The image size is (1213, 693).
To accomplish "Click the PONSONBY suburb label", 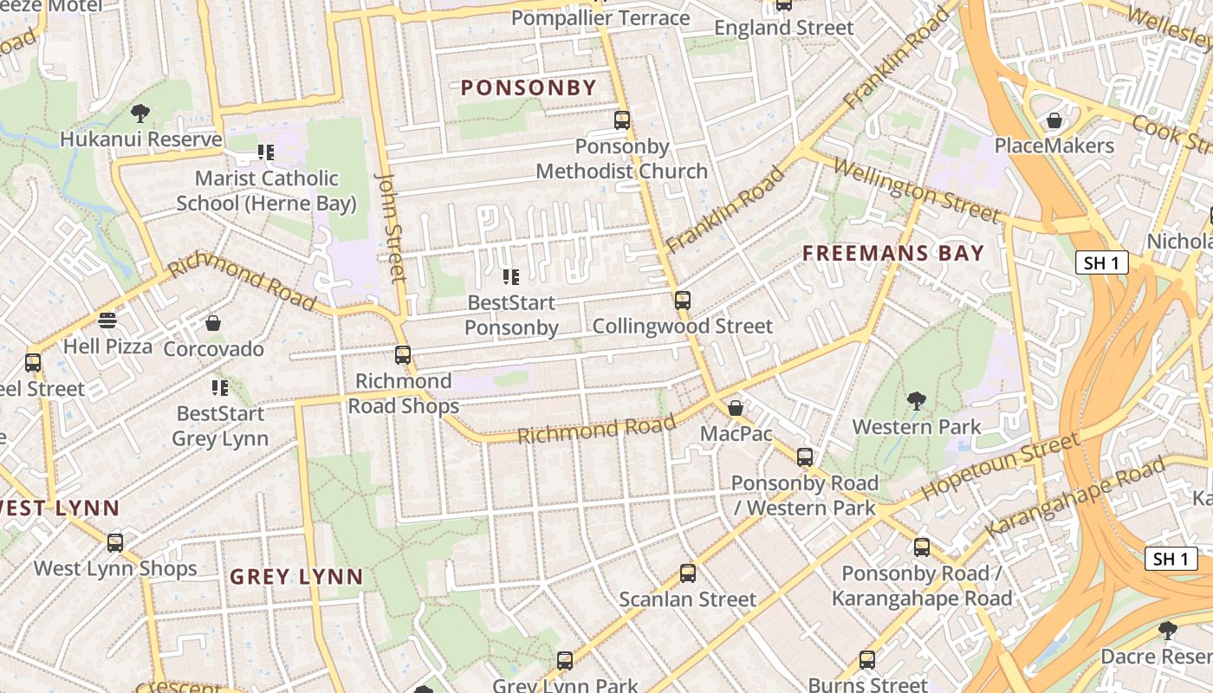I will pos(529,87).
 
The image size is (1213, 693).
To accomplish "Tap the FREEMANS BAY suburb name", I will pos(892,253).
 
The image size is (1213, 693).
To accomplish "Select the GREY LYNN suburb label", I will pos(296,577).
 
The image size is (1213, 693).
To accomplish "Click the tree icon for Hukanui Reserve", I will pos(139,113).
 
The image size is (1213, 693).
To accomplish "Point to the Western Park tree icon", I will pos(916,400).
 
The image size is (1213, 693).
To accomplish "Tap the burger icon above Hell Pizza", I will pos(107,321).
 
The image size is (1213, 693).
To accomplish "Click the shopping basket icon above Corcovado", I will pos(213,323).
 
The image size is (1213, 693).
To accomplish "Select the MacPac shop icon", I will pos(736,407).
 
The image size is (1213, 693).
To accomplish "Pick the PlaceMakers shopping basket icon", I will pos(1054,120).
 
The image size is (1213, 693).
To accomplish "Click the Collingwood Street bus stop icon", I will pos(683,301).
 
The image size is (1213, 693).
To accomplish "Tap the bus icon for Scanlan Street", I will pos(688,573).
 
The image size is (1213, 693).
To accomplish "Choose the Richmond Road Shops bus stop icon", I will pos(403,354).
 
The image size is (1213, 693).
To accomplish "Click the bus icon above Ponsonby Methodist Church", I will pos(622,120).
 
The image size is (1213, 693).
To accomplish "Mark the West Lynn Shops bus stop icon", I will pos(115,542).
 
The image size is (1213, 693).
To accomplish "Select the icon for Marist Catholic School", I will pos(266,152).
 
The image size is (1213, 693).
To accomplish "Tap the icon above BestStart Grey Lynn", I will pos(220,387).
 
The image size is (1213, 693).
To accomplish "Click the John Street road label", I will pos(391,227).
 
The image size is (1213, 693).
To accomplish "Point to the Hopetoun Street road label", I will pos(1000,467).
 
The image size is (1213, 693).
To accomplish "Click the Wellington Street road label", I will pos(917,188).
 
